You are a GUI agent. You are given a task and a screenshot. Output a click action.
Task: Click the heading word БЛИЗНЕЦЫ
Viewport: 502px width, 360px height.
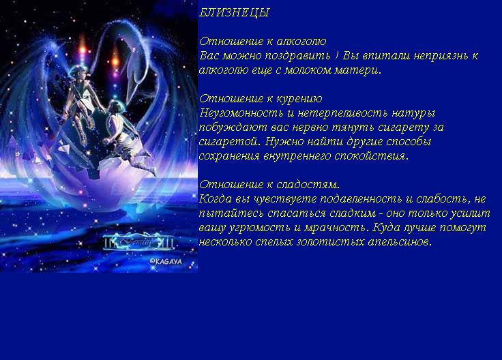(235, 13)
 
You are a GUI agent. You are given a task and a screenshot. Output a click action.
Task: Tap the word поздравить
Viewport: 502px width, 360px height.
(298, 56)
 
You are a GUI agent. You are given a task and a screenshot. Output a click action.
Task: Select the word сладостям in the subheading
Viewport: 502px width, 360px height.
(308, 185)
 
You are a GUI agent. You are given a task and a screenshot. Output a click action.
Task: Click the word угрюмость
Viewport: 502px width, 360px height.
(260, 228)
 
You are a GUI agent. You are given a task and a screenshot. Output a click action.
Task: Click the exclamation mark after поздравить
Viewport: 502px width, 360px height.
(336, 55)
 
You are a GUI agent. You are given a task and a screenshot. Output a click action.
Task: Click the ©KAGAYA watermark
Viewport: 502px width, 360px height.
(166, 261)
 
